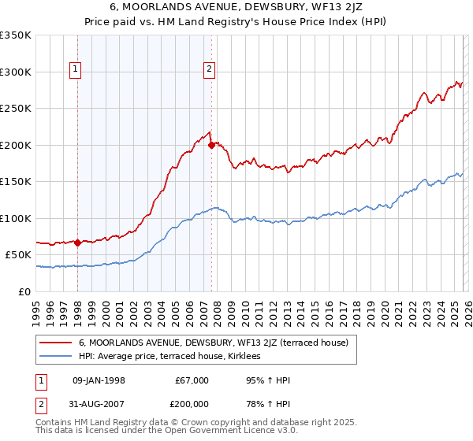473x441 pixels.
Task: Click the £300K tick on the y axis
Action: pos(16,72)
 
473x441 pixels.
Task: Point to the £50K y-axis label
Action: pos(18,255)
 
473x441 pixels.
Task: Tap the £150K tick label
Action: pos(16,182)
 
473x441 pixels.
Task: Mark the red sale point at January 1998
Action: pos(77,243)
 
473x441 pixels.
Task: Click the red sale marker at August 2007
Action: pos(211,145)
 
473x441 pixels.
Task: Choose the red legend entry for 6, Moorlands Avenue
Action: pos(218,343)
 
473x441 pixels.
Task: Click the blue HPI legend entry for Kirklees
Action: pos(175,356)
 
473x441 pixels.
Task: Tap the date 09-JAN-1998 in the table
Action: pos(99,380)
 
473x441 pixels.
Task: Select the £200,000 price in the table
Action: pos(192,406)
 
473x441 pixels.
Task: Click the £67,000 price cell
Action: pos(192,380)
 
